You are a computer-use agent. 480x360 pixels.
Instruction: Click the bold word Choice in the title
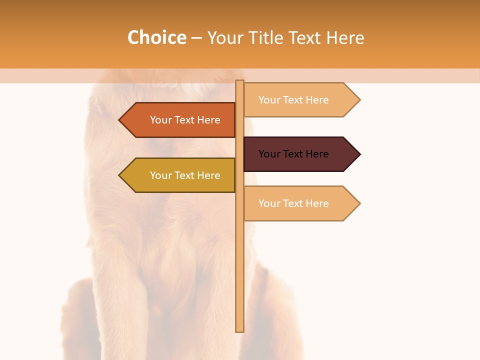tap(156, 38)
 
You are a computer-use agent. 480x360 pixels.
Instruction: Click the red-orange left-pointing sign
tap(180, 120)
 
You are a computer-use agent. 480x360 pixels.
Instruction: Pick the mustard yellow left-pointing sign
tap(180, 175)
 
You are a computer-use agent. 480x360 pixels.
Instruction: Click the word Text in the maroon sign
tap(294, 154)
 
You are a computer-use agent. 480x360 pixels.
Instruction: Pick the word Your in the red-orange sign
tap(160, 120)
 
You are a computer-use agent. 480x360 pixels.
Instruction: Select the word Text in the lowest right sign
tap(294, 203)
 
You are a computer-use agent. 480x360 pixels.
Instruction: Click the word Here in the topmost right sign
tap(317, 100)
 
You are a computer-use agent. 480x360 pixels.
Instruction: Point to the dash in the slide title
tap(196, 38)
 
